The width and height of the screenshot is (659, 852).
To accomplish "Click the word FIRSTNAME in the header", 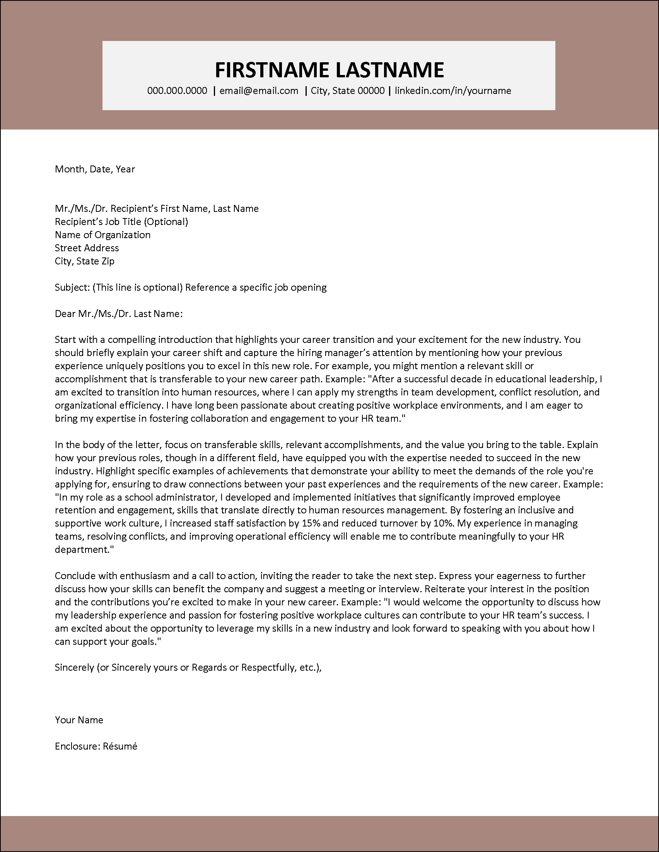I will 271,70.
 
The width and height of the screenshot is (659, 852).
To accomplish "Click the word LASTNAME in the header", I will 389,70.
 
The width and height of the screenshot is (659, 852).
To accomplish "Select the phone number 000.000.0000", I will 177,91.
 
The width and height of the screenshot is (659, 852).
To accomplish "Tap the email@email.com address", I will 259,91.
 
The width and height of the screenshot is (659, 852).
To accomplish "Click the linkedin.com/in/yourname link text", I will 452,91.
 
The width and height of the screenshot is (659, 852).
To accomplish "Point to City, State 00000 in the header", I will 347,91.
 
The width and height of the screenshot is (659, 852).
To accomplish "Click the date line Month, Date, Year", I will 95,169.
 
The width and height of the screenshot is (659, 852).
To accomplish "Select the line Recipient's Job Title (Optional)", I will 121,222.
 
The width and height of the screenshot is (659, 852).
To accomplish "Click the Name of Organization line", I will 102,235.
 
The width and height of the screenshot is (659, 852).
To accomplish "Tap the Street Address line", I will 87,248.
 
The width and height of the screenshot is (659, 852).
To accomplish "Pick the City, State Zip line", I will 84,261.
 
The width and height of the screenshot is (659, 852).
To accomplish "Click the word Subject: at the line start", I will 73,288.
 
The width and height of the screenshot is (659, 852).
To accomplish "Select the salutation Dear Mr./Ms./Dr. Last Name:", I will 119,314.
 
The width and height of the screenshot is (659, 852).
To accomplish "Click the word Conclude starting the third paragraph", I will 75,576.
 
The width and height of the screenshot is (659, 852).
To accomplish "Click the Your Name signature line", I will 79,720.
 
